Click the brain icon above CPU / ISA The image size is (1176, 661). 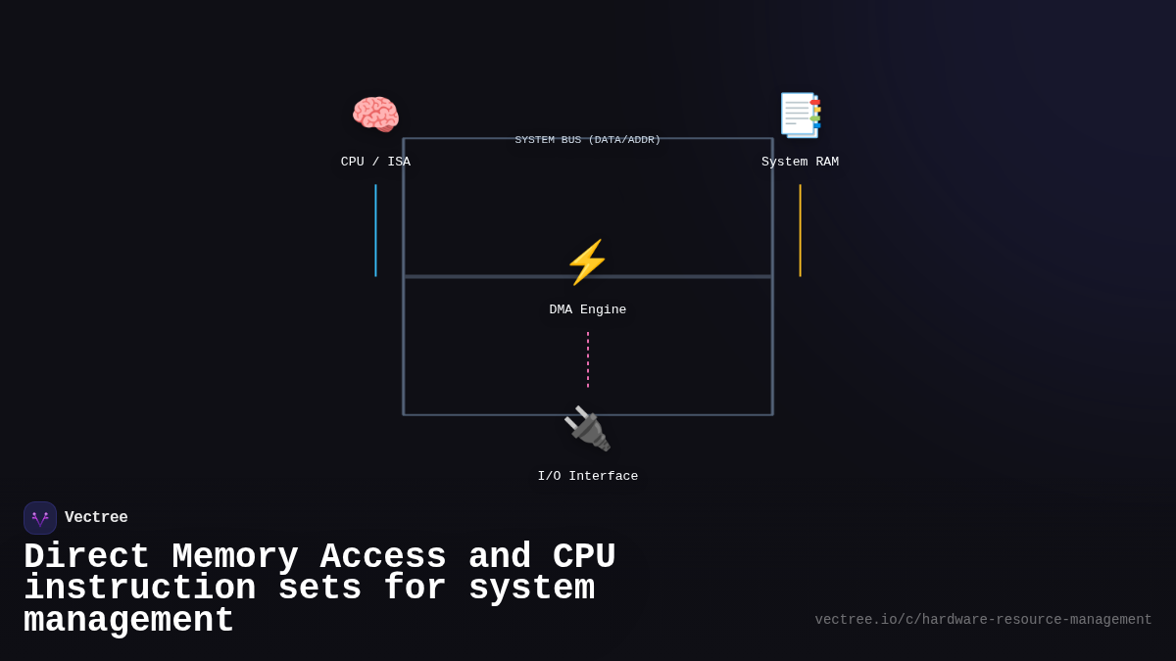pos(375,115)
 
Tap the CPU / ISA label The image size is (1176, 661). pos(375,163)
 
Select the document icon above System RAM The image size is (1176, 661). pos(800,115)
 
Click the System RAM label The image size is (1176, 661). pos(800,163)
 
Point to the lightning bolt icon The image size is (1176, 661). pos(587,262)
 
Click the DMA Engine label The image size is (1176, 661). pos(587,310)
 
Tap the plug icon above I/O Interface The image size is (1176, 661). pos(587,429)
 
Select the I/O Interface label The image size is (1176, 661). pos(587,477)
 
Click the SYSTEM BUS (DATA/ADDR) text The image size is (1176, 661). pos(587,140)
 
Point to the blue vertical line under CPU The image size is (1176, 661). pos(375,230)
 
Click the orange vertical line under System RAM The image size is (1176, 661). pos(800,230)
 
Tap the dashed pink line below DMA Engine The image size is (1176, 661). pos(588,359)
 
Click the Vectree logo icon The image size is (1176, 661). pos(40,518)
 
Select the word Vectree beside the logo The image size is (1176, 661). pos(96,518)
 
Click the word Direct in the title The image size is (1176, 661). pos(86,557)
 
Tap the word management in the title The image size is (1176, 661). pos(128,621)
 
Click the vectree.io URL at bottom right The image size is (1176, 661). pos(983,620)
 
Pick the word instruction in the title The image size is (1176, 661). pos(139,589)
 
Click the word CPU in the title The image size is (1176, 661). pos(584,557)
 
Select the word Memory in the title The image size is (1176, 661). pos(234,557)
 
